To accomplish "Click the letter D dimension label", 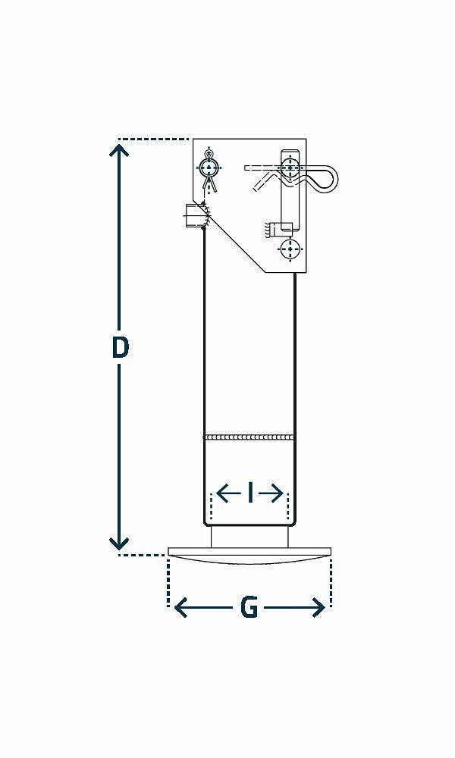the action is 120,348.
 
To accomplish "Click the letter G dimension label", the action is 249,608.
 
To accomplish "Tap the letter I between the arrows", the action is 250,493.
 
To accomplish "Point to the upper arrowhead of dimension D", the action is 119,148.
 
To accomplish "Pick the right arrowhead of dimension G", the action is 318,608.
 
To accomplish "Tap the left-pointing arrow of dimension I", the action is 228,493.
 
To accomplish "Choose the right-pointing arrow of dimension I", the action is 271,493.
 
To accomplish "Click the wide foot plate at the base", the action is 249,556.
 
